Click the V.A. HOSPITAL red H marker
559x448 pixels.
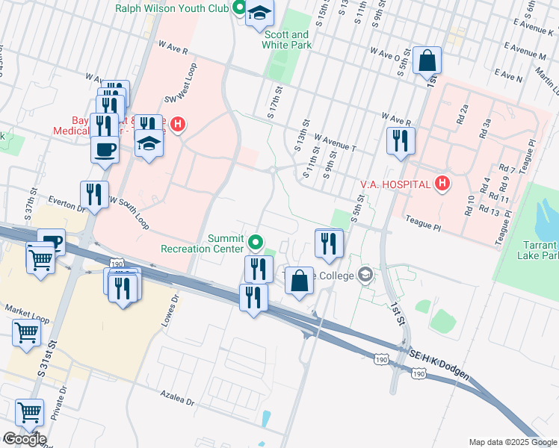[x=442, y=183]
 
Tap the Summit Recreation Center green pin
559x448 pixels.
[x=256, y=242]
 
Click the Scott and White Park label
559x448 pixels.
[x=285, y=40]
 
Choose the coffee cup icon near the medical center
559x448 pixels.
[x=105, y=148]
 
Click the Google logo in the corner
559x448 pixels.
[x=24, y=438]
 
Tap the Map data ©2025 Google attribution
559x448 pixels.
[x=512, y=441]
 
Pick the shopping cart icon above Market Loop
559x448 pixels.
[x=40, y=259]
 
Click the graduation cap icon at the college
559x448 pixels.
[x=365, y=274]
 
